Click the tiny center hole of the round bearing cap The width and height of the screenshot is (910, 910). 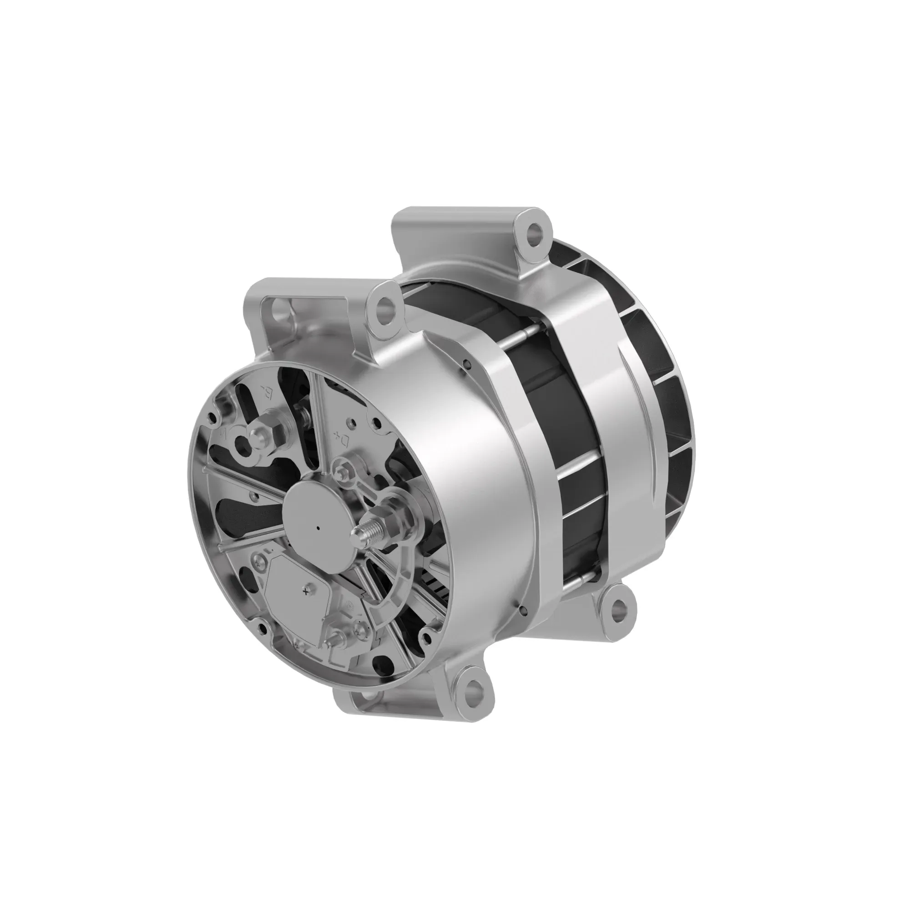(319, 528)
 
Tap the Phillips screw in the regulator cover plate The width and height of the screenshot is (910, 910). (307, 591)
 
